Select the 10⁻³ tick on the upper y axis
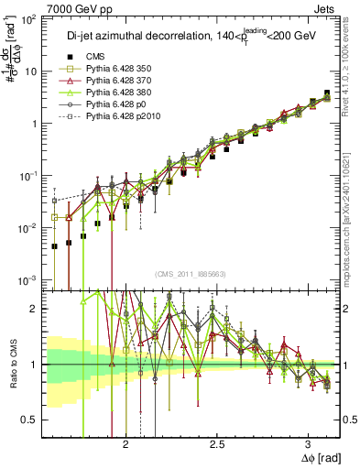(x=27, y=279)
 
